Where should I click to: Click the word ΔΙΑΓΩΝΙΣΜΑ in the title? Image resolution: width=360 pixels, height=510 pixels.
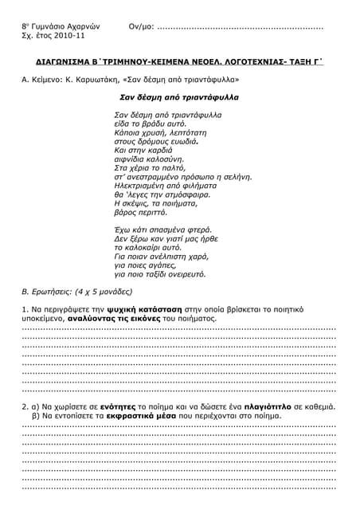point(69,61)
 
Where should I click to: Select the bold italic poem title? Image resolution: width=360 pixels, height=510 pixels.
point(179,97)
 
